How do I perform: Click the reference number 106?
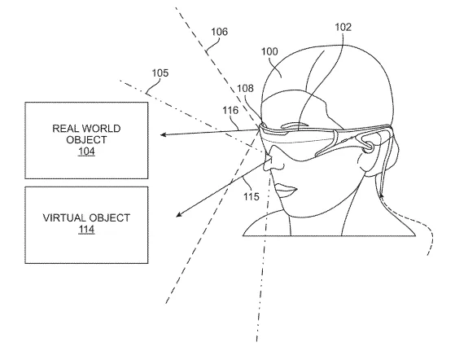pyautogui.click(x=219, y=31)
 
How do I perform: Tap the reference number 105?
pyautogui.click(x=160, y=72)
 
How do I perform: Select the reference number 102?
pyautogui.click(x=343, y=27)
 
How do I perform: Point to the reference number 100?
pyautogui.click(x=269, y=51)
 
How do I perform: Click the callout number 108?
pyautogui.click(x=245, y=88)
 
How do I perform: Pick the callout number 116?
pyautogui.click(x=230, y=110)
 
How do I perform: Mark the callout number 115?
pyautogui.click(x=251, y=197)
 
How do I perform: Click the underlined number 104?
pyautogui.click(x=86, y=151)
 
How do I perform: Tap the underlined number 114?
pyautogui.click(x=86, y=230)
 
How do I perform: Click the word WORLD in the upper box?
pyautogui.click(x=101, y=129)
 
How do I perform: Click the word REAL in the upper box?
pyautogui.click(x=66, y=129)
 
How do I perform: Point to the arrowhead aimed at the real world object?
pyautogui.click(x=164, y=134)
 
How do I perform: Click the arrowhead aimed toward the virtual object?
pyautogui.click(x=179, y=214)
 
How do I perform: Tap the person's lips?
pyautogui.click(x=286, y=190)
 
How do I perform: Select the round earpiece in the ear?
pyautogui.click(x=370, y=145)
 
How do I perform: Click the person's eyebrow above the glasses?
pyautogui.click(x=295, y=125)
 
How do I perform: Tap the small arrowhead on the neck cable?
pyautogui.click(x=381, y=196)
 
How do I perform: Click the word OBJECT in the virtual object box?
pyautogui.click(x=110, y=217)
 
